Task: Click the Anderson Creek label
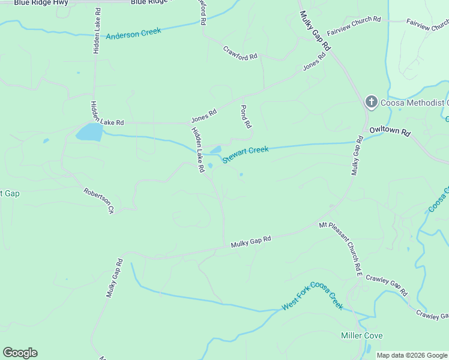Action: (134, 34)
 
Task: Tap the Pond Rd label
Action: (245, 117)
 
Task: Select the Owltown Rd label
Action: (390, 131)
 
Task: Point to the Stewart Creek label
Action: (246, 154)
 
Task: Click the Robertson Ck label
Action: (98, 200)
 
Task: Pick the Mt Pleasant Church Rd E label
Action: (341, 248)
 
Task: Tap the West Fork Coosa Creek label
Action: (312, 296)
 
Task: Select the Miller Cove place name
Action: (361, 335)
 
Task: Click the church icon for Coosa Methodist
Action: (371, 103)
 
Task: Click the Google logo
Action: (20, 353)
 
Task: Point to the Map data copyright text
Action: (412, 355)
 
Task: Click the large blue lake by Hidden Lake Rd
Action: (89, 131)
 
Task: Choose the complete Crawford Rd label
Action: (240, 53)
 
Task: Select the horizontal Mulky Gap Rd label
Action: (251, 241)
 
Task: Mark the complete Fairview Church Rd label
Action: (354, 27)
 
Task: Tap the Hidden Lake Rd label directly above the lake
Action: (107, 112)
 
